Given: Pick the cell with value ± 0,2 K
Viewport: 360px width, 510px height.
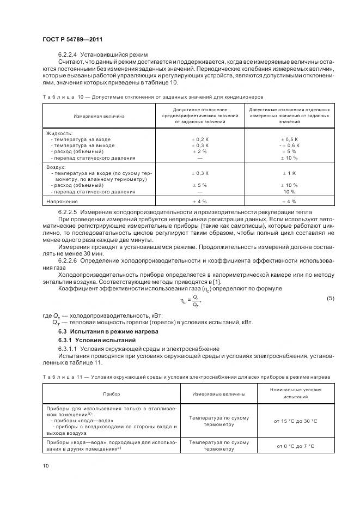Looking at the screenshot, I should tap(200, 139).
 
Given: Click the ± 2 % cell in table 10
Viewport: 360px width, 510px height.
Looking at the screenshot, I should tap(200, 152).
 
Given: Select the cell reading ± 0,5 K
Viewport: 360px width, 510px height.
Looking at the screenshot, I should tap(289, 139).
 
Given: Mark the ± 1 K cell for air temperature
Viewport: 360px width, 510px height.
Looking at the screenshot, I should tap(289, 173).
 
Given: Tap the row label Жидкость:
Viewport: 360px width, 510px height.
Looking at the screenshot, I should tap(59, 133).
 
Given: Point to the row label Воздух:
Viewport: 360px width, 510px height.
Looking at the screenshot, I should tap(56, 167).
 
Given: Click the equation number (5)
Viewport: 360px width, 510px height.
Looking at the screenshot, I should tap(330, 299).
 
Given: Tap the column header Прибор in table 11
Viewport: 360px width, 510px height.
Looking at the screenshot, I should tap(112, 393).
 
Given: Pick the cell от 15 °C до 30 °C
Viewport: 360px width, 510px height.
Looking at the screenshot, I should tap(295, 421).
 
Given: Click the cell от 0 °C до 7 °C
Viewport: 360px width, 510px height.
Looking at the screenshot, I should tap(295, 446).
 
